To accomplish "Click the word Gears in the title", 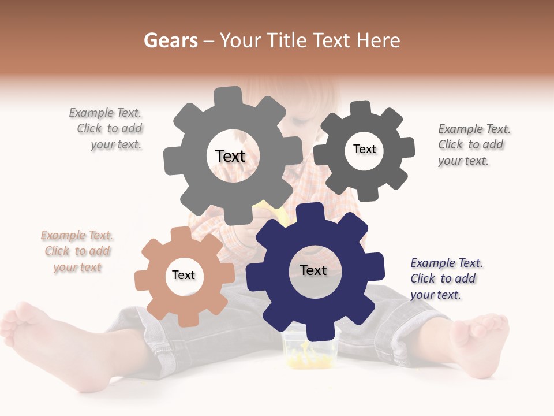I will pyautogui.click(x=170, y=40).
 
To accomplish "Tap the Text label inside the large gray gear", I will pyautogui.click(x=230, y=156).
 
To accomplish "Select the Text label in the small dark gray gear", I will pyautogui.click(x=364, y=149).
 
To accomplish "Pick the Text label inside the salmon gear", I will pyautogui.click(x=184, y=275).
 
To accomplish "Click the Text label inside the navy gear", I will pyautogui.click(x=313, y=270).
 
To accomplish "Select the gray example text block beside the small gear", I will pyautogui.click(x=473, y=144).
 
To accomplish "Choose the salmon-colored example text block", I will pyautogui.click(x=77, y=251).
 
